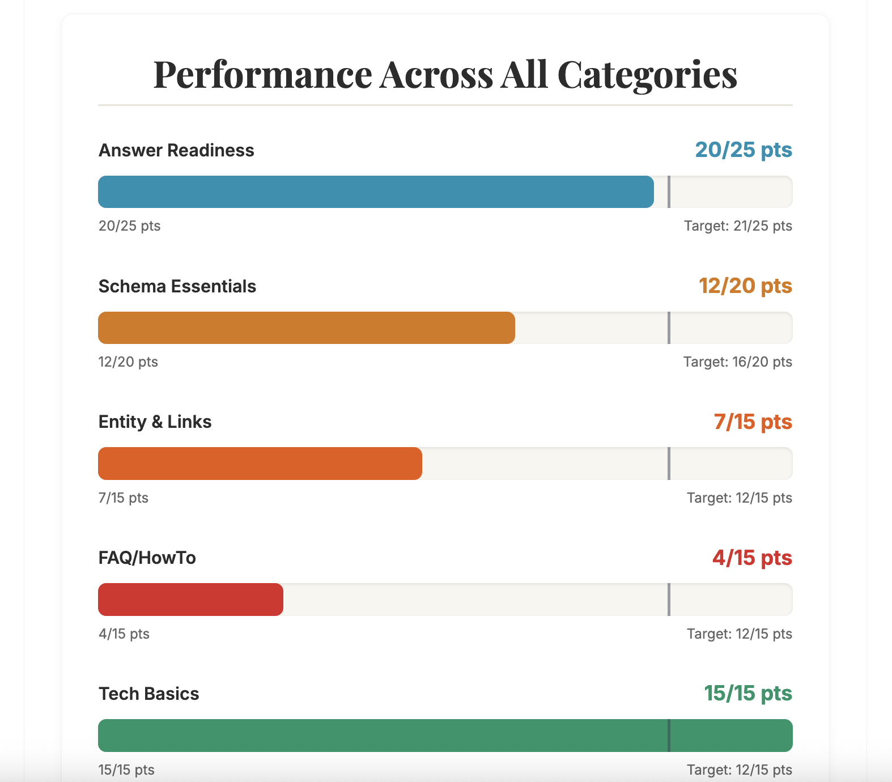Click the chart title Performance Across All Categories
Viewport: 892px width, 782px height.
tap(445, 74)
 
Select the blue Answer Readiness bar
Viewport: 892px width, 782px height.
tap(376, 192)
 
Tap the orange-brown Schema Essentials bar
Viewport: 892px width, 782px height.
tap(307, 328)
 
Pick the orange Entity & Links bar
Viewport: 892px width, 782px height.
tap(260, 464)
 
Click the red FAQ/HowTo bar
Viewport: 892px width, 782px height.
tap(190, 600)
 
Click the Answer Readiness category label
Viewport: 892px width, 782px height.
tap(176, 150)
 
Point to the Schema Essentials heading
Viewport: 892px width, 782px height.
tap(177, 286)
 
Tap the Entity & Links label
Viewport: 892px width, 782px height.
tap(155, 422)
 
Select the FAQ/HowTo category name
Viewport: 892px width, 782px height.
tap(147, 558)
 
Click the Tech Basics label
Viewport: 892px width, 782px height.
tap(149, 694)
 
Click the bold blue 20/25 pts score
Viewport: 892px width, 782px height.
tap(744, 150)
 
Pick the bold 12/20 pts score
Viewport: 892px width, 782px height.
tap(745, 286)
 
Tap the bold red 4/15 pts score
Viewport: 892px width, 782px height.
tap(752, 558)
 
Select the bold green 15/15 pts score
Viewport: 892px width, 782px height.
tap(748, 694)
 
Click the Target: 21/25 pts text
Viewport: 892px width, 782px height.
tap(738, 226)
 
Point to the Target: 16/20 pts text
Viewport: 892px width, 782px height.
tap(737, 362)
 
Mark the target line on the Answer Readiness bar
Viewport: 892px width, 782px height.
tap(669, 192)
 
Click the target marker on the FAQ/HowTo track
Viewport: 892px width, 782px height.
tap(669, 600)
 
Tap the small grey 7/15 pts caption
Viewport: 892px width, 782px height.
tap(124, 498)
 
